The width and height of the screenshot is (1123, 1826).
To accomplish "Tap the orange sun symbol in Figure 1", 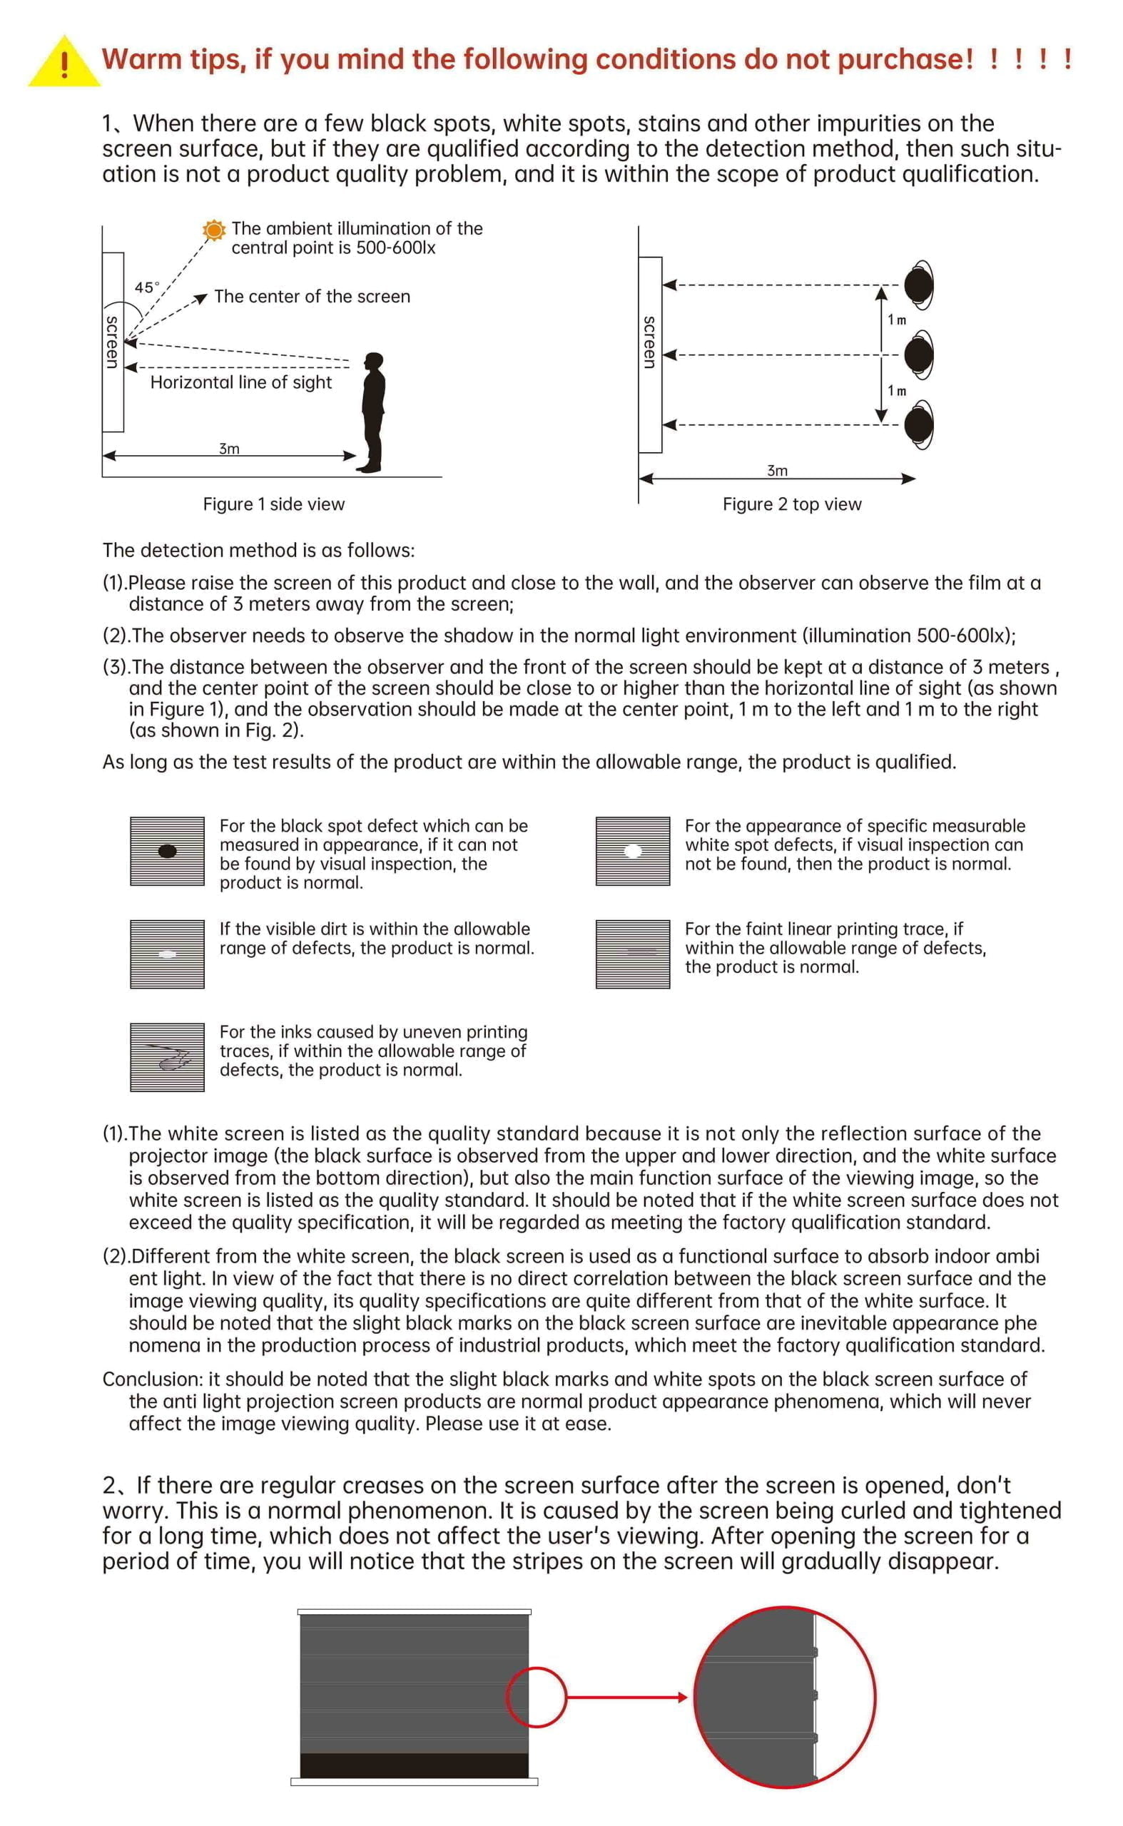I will pos(214,230).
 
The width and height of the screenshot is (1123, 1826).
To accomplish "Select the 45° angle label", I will pos(146,287).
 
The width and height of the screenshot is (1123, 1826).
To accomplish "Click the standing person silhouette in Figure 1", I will pos(373,412).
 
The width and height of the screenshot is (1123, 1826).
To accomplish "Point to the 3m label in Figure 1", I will pos(229,449).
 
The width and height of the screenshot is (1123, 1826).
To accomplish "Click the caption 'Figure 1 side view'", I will pos(273,504).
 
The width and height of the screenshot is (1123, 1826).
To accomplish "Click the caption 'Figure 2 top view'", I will pos(792,504).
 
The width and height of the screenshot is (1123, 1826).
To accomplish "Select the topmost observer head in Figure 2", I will pos(919,285).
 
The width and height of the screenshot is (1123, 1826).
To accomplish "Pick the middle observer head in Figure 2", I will pos(919,355).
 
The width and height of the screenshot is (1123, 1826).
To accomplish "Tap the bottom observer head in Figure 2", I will pos(919,424).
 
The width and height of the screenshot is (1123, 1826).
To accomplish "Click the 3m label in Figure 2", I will pos(777,471).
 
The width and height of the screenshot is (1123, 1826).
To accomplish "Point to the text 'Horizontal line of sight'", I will pos(240,382).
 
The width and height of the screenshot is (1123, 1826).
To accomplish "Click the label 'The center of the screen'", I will pos(312,296).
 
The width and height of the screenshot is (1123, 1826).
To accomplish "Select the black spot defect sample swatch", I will pos(167,851).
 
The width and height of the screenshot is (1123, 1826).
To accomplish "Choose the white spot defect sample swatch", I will pos(633,851).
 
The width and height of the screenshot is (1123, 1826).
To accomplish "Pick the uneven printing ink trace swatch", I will pos(167,1056).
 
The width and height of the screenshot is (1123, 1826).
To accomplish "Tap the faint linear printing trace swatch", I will pos(633,954).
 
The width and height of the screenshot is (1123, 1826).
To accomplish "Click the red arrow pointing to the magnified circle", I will pos(627,1698).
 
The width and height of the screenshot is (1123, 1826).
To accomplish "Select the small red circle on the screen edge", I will pos(537,1698).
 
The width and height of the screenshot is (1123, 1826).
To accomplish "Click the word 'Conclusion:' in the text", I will pos(153,1379).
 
